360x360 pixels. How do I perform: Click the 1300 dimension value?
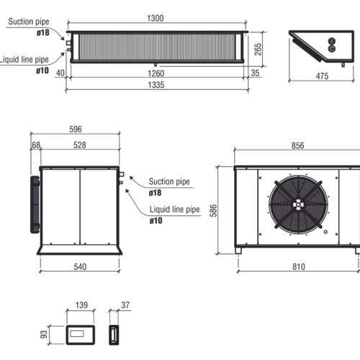tap(156, 18)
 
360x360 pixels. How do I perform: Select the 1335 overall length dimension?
tap(156, 85)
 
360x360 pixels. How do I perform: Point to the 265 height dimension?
tap(258, 50)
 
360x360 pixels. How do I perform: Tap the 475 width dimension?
tap(322, 76)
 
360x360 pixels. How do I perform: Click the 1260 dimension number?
tap(156, 73)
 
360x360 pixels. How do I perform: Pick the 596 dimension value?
tap(76, 129)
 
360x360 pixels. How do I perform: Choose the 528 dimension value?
tap(79, 145)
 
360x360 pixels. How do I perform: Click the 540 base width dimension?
tap(80, 266)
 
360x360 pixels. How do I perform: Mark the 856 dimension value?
tap(297, 145)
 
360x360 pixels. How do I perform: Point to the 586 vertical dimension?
tap(213, 210)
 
